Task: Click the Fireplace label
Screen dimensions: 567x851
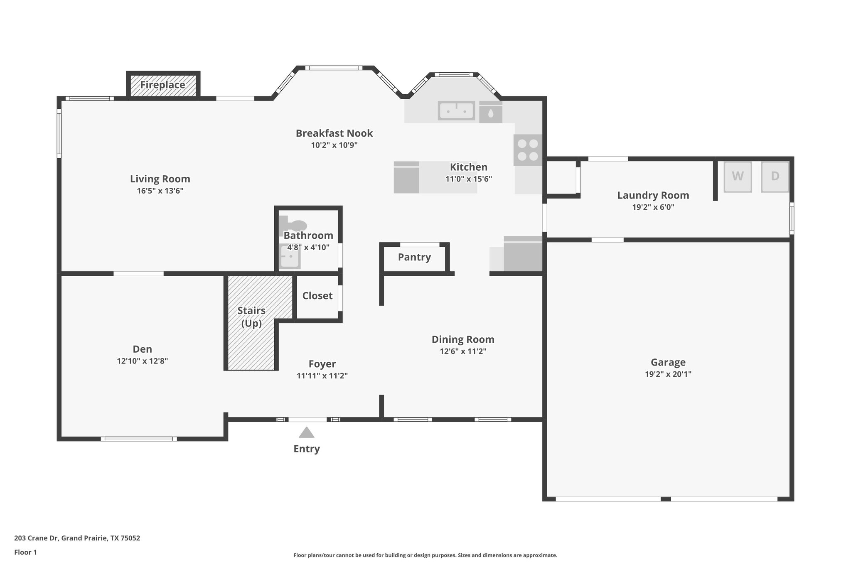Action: [162, 85]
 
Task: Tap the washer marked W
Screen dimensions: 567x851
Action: [738, 177]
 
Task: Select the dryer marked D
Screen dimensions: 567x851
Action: [775, 177]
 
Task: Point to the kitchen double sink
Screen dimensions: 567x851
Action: [456, 110]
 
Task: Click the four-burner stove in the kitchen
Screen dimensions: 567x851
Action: [528, 150]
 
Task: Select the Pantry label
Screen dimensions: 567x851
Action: [414, 257]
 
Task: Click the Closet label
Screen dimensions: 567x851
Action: [317, 296]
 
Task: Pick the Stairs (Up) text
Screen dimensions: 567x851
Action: [251, 317]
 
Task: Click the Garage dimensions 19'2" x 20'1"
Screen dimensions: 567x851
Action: [668, 374]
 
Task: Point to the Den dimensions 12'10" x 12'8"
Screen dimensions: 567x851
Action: [143, 361]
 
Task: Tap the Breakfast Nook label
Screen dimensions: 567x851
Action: [334, 133]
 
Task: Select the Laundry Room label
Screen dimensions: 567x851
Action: [653, 195]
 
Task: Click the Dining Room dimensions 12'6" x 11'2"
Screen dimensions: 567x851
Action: [463, 351]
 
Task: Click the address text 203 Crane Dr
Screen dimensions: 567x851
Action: [77, 538]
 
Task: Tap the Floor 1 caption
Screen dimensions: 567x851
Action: [25, 552]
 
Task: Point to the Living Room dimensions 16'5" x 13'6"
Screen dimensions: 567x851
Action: [160, 191]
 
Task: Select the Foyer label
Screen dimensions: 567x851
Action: [322, 364]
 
